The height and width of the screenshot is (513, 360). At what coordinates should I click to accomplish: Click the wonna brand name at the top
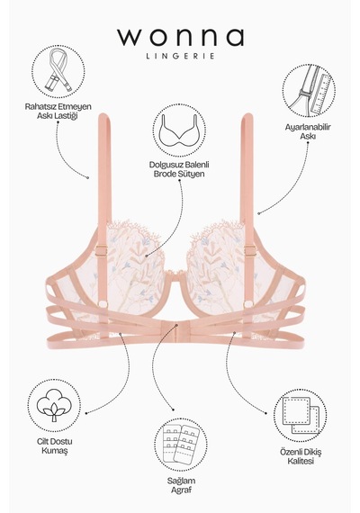coord(180,37)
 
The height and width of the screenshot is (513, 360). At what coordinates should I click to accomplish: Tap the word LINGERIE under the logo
coord(180,56)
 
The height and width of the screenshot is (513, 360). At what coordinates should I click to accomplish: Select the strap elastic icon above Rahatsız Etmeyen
coord(58,72)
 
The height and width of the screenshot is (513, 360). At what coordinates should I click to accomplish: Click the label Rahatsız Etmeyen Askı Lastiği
coord(58,112)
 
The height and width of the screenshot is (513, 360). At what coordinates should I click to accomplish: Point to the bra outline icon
coord(179,130)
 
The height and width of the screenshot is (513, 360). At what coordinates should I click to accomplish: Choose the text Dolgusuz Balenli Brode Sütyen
coord(179,169)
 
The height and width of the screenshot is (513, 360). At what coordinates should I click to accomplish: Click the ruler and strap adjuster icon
coord(309,91)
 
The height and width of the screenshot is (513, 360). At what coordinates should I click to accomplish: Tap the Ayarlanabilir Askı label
coord(308,131)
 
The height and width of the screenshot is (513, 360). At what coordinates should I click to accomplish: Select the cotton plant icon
coord(54,406)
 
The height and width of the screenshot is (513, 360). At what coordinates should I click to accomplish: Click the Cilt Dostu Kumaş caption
coord(55,446)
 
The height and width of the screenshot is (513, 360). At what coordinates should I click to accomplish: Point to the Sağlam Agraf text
coord(181,485)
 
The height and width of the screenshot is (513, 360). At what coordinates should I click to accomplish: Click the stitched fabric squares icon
coord(300,416)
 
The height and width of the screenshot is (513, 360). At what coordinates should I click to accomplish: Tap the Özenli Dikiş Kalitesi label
coord(301,456)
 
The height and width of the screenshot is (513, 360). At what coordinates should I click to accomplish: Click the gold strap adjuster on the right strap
coord(249,251)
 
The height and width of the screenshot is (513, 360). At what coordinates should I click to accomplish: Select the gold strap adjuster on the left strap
coord(102,250)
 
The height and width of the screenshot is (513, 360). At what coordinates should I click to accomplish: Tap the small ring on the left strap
coord(103,303)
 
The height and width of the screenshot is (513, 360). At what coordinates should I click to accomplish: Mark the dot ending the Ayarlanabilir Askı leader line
coord(258,213)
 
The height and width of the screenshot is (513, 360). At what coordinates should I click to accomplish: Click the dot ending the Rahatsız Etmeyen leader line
coord(87,177)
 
